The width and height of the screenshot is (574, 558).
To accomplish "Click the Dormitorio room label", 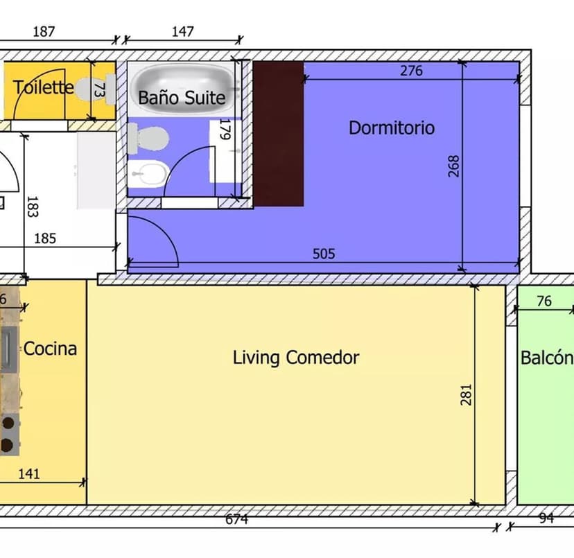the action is (x=392, y=128).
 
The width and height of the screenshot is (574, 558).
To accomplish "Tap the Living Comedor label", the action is (x=296, y=358).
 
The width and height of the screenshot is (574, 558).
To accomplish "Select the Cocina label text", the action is (x=50, y=349).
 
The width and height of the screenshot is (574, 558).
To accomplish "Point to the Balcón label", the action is (x=547, y=358).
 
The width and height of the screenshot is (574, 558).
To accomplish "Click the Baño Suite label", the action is (x=182, y=98).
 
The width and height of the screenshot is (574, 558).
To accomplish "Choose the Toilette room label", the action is (x=44, y=87).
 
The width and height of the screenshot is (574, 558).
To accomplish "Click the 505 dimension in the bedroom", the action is (x=324, y=254).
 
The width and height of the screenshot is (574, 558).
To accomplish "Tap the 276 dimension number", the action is (x=411, y=71).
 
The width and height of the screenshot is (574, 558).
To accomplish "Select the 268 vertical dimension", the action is (x=453, y=166).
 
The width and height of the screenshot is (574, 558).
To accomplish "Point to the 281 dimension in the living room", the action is (x=466, y=394).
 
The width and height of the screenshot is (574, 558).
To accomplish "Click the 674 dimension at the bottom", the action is (x=236, y=519).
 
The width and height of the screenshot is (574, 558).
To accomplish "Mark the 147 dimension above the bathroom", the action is (x=182, y=31).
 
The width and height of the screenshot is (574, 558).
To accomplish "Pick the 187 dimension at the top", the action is (x=44, y=31).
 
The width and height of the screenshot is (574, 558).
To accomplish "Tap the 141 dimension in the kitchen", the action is (x=29, y=474).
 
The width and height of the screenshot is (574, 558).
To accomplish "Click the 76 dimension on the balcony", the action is (x=544, y=301).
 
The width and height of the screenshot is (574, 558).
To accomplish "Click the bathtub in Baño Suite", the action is (x=182, y=88).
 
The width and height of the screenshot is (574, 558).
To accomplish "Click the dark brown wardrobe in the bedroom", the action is (x=279, y=134).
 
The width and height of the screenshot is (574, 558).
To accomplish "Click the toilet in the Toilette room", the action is (x=96, y=89).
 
